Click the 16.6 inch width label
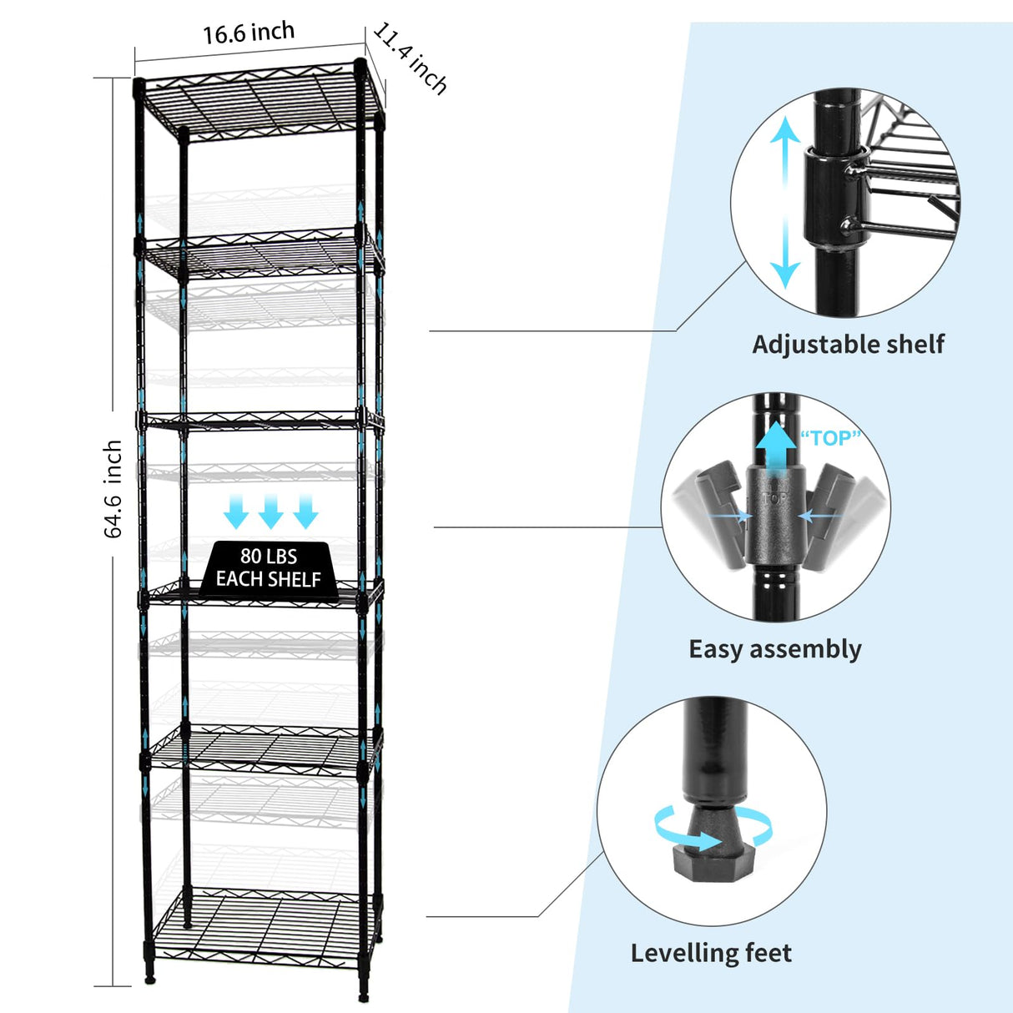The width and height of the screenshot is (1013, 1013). (249, 33)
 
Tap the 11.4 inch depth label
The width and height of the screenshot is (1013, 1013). (410, 58)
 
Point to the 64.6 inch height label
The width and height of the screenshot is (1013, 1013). (113, 489)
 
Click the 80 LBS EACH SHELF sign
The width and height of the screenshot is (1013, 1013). (268, 567)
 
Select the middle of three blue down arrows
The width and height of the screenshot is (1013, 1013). (270, 512)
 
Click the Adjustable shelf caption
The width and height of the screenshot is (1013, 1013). (848, 344)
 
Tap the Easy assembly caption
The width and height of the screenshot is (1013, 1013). (774, 649)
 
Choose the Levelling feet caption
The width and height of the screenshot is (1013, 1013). (711, 953)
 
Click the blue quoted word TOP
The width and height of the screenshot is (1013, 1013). (829, 438)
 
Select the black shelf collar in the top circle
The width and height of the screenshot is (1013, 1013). (834, 197)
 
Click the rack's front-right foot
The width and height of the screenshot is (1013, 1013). (364, 993)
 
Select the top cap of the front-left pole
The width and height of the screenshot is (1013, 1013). (139, 87)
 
